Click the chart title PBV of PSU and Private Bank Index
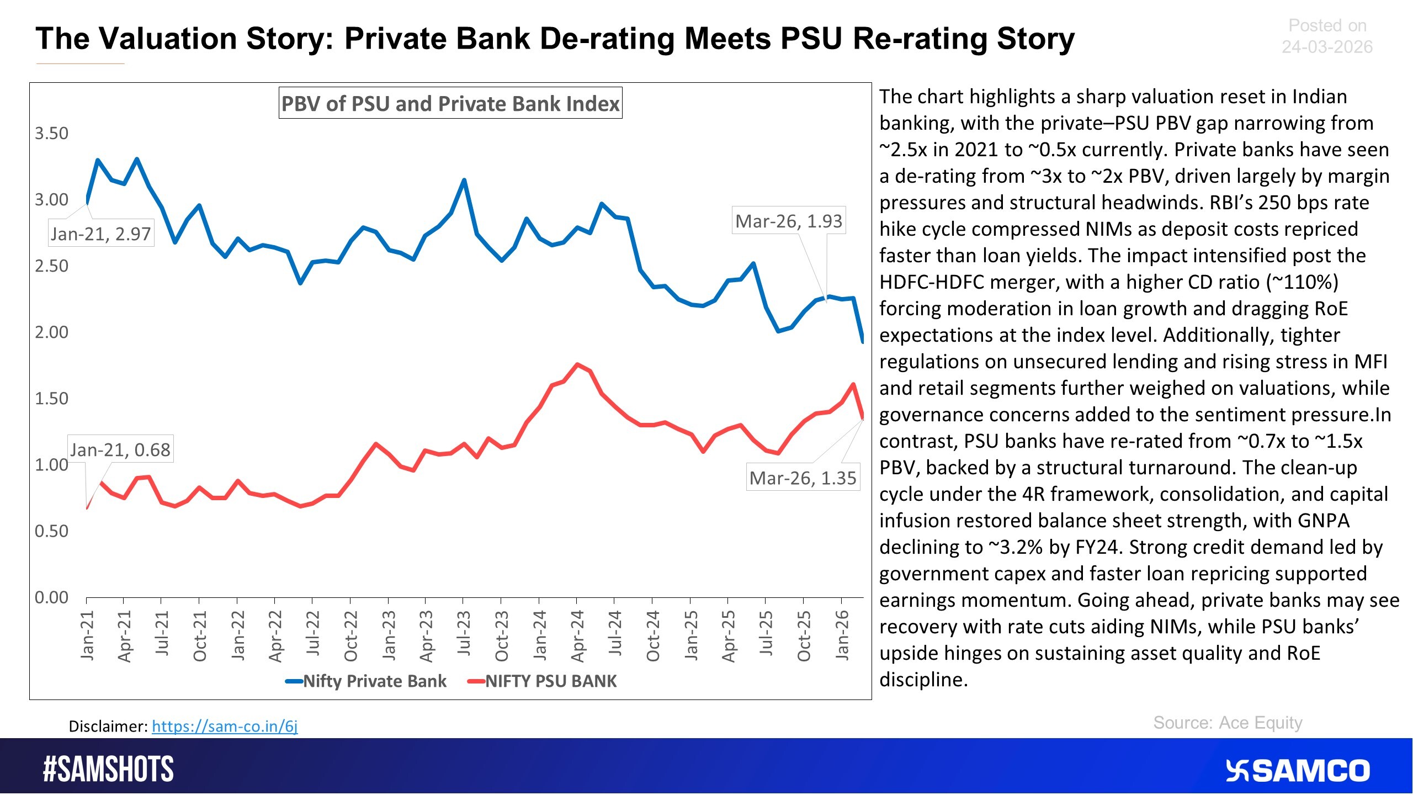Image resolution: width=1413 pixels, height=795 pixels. coord(450,103)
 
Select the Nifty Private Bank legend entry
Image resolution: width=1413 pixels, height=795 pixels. coord(374,681)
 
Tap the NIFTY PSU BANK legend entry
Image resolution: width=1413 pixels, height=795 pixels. coord(550,681)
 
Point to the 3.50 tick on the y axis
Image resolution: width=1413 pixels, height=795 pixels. coord(51,133)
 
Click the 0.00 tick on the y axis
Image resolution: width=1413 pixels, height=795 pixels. coord(51,597)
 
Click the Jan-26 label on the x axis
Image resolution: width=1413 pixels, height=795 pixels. coord(842,635)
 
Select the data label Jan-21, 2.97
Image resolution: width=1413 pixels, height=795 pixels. coord(101,234)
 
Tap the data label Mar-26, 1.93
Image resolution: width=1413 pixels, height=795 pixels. coord(789,221)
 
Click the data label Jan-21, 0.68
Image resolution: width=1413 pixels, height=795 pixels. coord(120,449)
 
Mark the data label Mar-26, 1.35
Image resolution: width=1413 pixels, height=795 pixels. coord(803,478)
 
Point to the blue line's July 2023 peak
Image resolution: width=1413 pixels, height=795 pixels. coord(464,180)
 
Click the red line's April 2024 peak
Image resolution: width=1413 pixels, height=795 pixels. coord(577,364)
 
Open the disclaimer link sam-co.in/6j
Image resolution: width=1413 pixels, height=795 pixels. coord(225,726)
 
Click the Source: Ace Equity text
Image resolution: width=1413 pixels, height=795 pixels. coord(1228,723)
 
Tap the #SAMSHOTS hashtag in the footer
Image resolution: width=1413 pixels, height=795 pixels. coord(109,769)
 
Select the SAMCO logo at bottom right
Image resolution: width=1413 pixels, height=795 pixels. coord(1297,771)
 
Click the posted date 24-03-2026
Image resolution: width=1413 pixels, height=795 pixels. coord(1327,47)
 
